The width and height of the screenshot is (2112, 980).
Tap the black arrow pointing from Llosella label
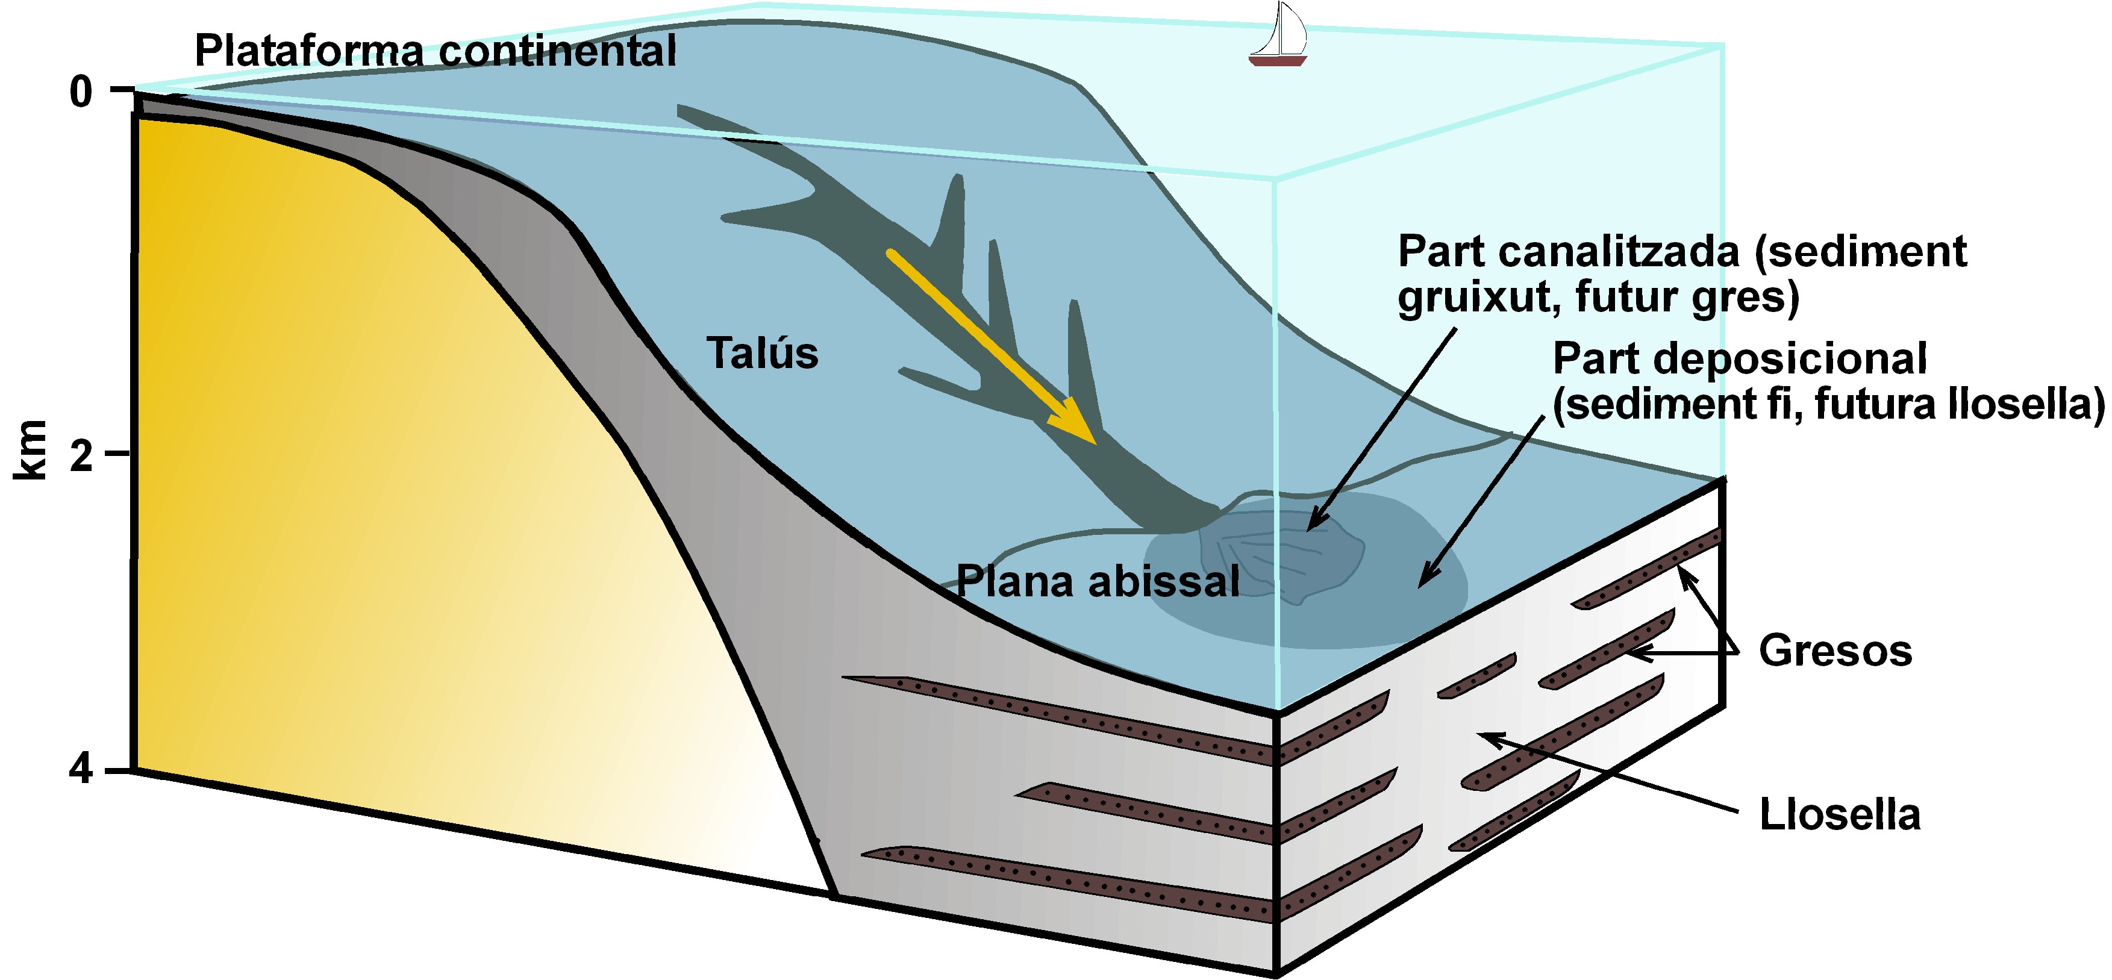(1607, 772)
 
